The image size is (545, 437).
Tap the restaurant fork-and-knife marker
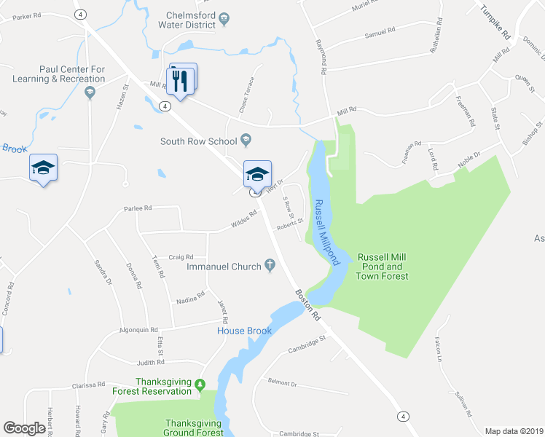pyautogui.click(x=184, y=79)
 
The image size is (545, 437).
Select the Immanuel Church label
pyautogui.click(x=224, y=267)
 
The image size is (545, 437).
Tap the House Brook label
pyautogui.click(x=244, y=331)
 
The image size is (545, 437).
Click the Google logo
pyautogui.click(x=25, y=428)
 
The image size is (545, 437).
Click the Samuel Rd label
pyautogui.click(x=379, y=33)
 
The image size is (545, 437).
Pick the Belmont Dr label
pyautogui.click(x=283, y=382)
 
